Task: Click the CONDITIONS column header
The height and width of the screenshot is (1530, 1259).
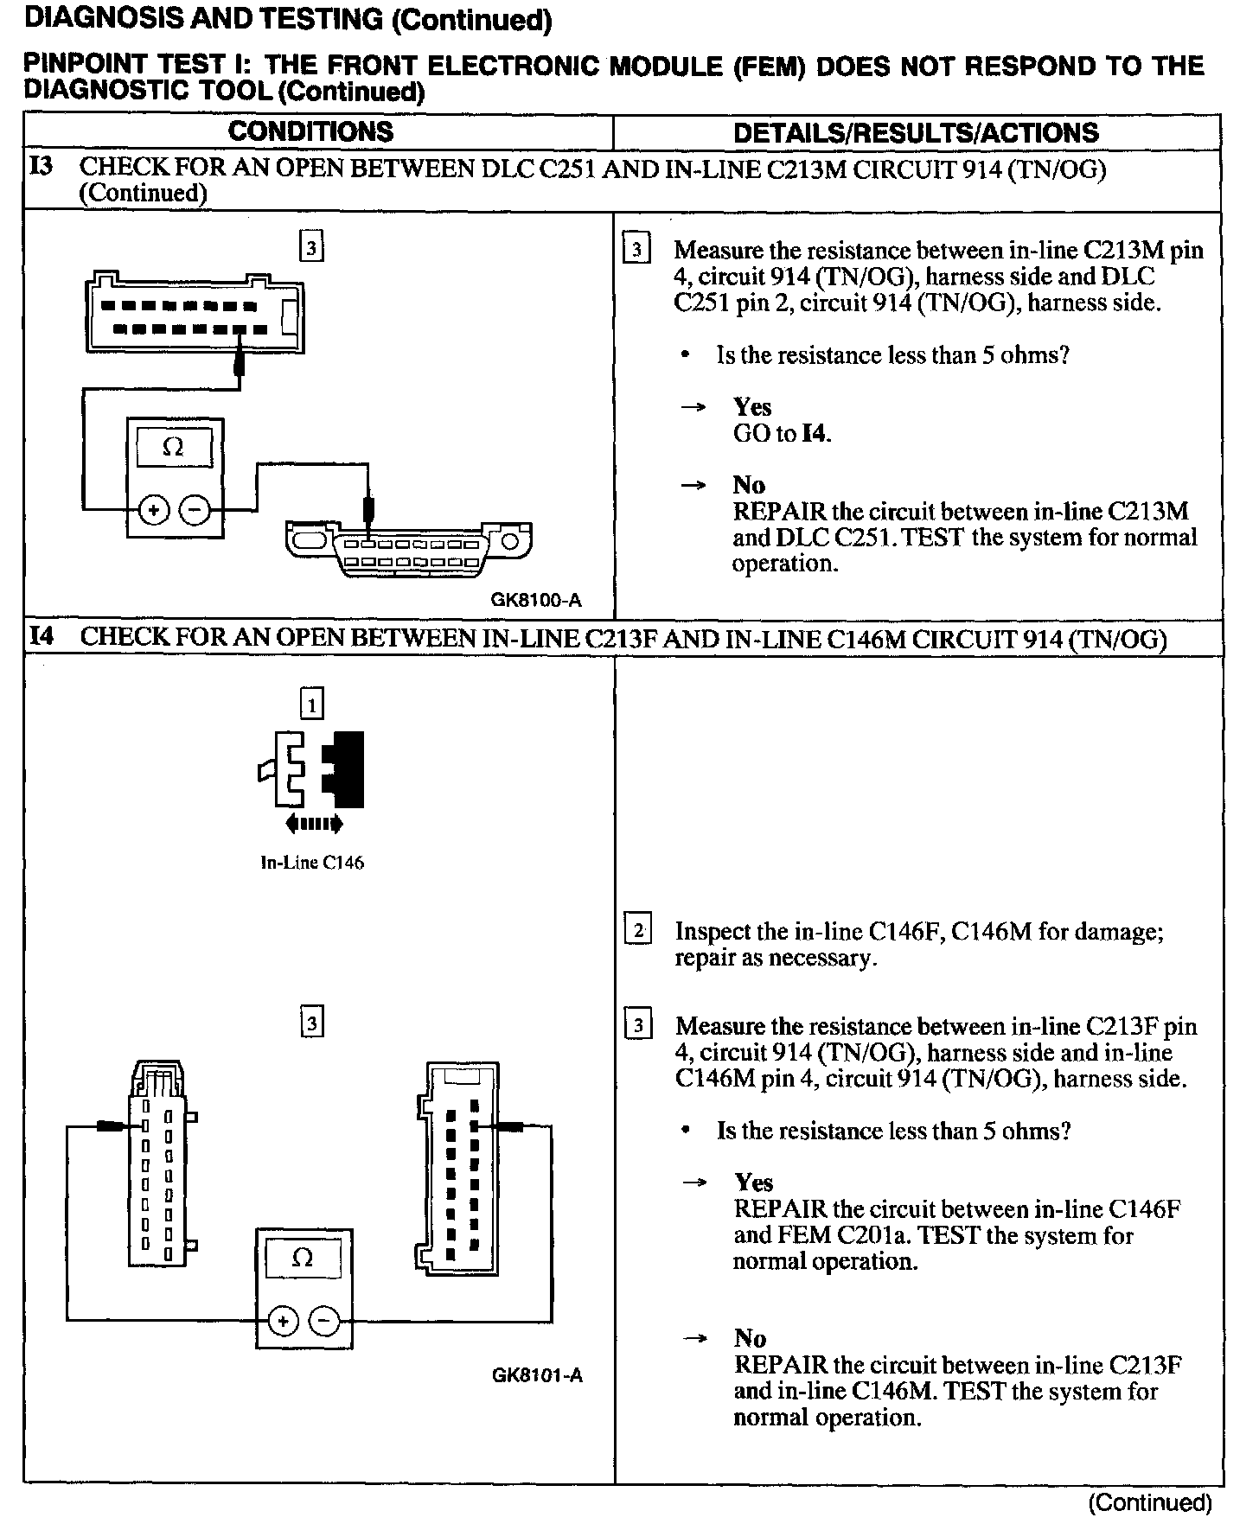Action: tap(310, 131)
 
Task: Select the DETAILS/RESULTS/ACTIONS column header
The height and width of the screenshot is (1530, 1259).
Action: tap(916, 132)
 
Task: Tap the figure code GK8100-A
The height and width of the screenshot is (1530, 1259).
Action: tap(536, 600)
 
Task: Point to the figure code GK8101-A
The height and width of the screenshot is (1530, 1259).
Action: tap(537, 1375)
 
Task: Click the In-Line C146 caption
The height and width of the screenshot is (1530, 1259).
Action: tap(312, 863)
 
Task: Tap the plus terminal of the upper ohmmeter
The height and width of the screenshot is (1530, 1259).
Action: tap(154, 510)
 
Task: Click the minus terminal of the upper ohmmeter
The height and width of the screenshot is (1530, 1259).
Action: tap(195, 510)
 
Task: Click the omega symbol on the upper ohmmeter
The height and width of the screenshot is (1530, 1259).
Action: tap(174, 448)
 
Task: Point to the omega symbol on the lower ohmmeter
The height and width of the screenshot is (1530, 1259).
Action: tap(303, 1258)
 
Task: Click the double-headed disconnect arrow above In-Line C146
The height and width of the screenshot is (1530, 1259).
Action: tap(314, 824)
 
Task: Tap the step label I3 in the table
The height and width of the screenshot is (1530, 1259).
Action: tap(42, 167)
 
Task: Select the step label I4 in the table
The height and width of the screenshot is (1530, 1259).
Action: tap(42, 637)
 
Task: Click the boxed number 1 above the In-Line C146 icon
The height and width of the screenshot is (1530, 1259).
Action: tap(311, 704)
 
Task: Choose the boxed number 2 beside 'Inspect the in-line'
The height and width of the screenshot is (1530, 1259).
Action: tap(638, 931)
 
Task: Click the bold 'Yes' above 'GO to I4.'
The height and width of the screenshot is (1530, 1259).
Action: tap(752, 407)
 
